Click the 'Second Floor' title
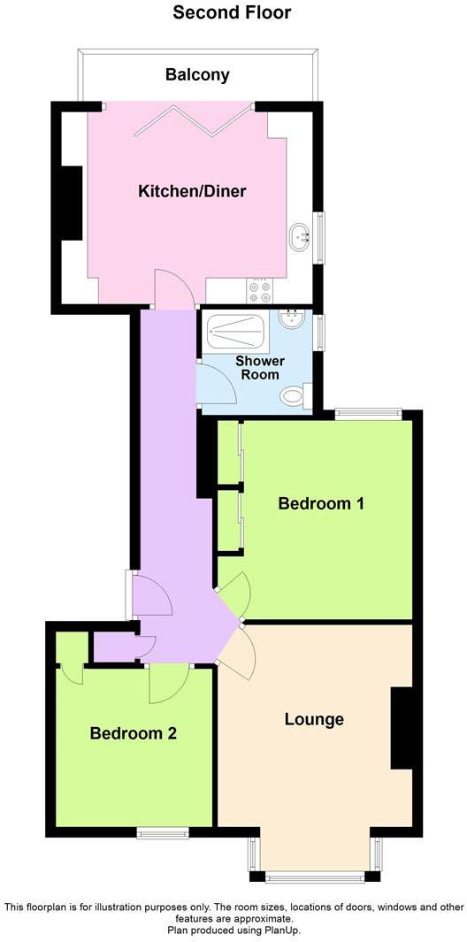click(x=232, y=12)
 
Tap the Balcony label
click(x=197, y=74)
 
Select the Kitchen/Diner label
click(x=191, y=191)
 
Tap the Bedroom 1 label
click(x=321, y=503)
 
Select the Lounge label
click(x=314, y=718)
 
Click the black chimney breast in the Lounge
click(x=402, y=727)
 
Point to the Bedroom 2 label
click(x=134, y=733)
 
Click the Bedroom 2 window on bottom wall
click(x=163, y=831)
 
